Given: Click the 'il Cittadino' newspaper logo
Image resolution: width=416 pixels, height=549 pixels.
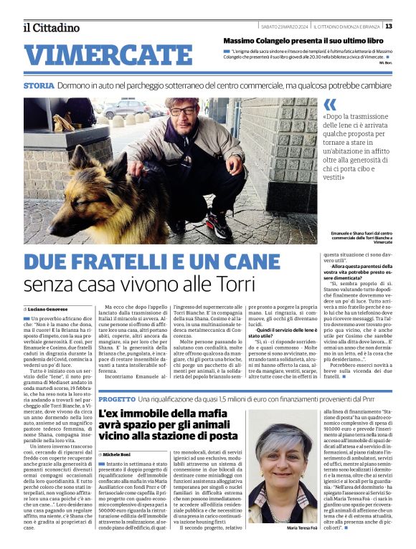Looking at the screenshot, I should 50,27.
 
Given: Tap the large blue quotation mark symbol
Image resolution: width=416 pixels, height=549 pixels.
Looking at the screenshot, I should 330,105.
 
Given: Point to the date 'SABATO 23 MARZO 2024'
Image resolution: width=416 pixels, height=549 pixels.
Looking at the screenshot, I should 284,27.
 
